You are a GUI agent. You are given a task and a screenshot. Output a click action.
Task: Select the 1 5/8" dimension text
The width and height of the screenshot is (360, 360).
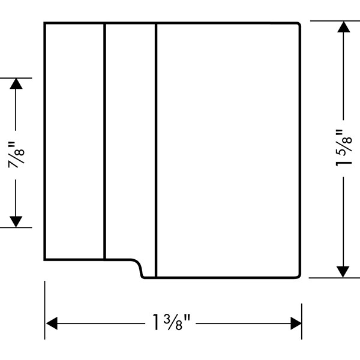pos(343,149)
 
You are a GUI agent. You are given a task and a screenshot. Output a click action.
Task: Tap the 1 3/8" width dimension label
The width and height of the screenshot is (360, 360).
pos(173,324)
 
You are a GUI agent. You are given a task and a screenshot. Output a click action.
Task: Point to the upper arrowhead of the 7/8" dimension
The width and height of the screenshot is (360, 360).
pos(16,84)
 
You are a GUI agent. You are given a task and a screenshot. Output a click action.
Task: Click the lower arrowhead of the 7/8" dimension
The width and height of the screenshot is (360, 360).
pos(16,221)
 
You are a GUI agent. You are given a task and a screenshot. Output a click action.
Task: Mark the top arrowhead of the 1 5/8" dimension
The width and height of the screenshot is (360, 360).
pos(343,28)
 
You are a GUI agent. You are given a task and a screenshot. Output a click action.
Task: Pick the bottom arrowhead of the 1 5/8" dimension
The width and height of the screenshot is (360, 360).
pos(343,271)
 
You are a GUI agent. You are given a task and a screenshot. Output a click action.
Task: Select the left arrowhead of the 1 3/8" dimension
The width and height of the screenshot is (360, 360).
pos(52,324)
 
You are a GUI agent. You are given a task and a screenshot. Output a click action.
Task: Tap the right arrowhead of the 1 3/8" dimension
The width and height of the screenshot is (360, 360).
pos(295,324)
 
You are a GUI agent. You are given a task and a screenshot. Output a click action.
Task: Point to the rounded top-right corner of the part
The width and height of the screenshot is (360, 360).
pos(298,25)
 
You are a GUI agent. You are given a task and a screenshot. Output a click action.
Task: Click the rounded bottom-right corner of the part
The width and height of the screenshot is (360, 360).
pos(298,275)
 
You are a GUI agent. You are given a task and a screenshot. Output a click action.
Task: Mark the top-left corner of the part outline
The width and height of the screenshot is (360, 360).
pos(45,23)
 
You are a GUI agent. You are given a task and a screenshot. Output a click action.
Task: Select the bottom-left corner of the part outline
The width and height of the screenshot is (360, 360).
pos(45,259)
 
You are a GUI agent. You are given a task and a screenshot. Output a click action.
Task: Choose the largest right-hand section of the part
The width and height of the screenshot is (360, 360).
pos(228,150)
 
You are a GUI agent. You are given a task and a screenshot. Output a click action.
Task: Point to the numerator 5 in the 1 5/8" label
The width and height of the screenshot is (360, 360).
pos(340,146)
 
